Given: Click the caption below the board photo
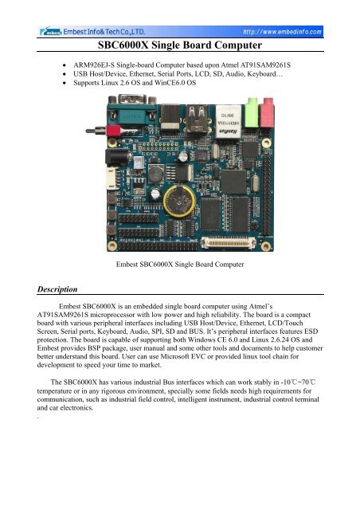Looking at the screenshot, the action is [179, 262].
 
